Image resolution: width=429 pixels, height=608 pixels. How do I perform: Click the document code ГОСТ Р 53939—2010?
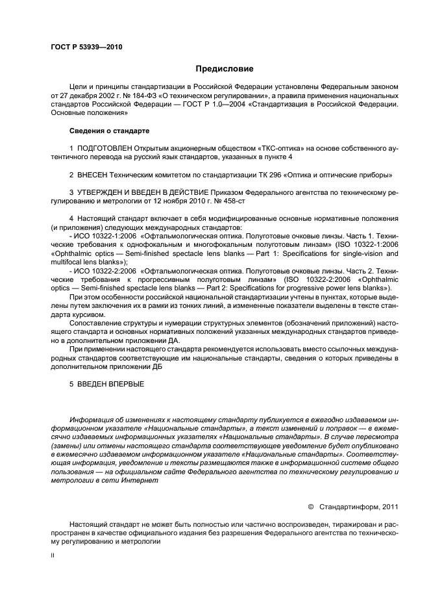(x=86, y=47)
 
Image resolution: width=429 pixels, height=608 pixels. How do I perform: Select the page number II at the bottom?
(x=53, y=555)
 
